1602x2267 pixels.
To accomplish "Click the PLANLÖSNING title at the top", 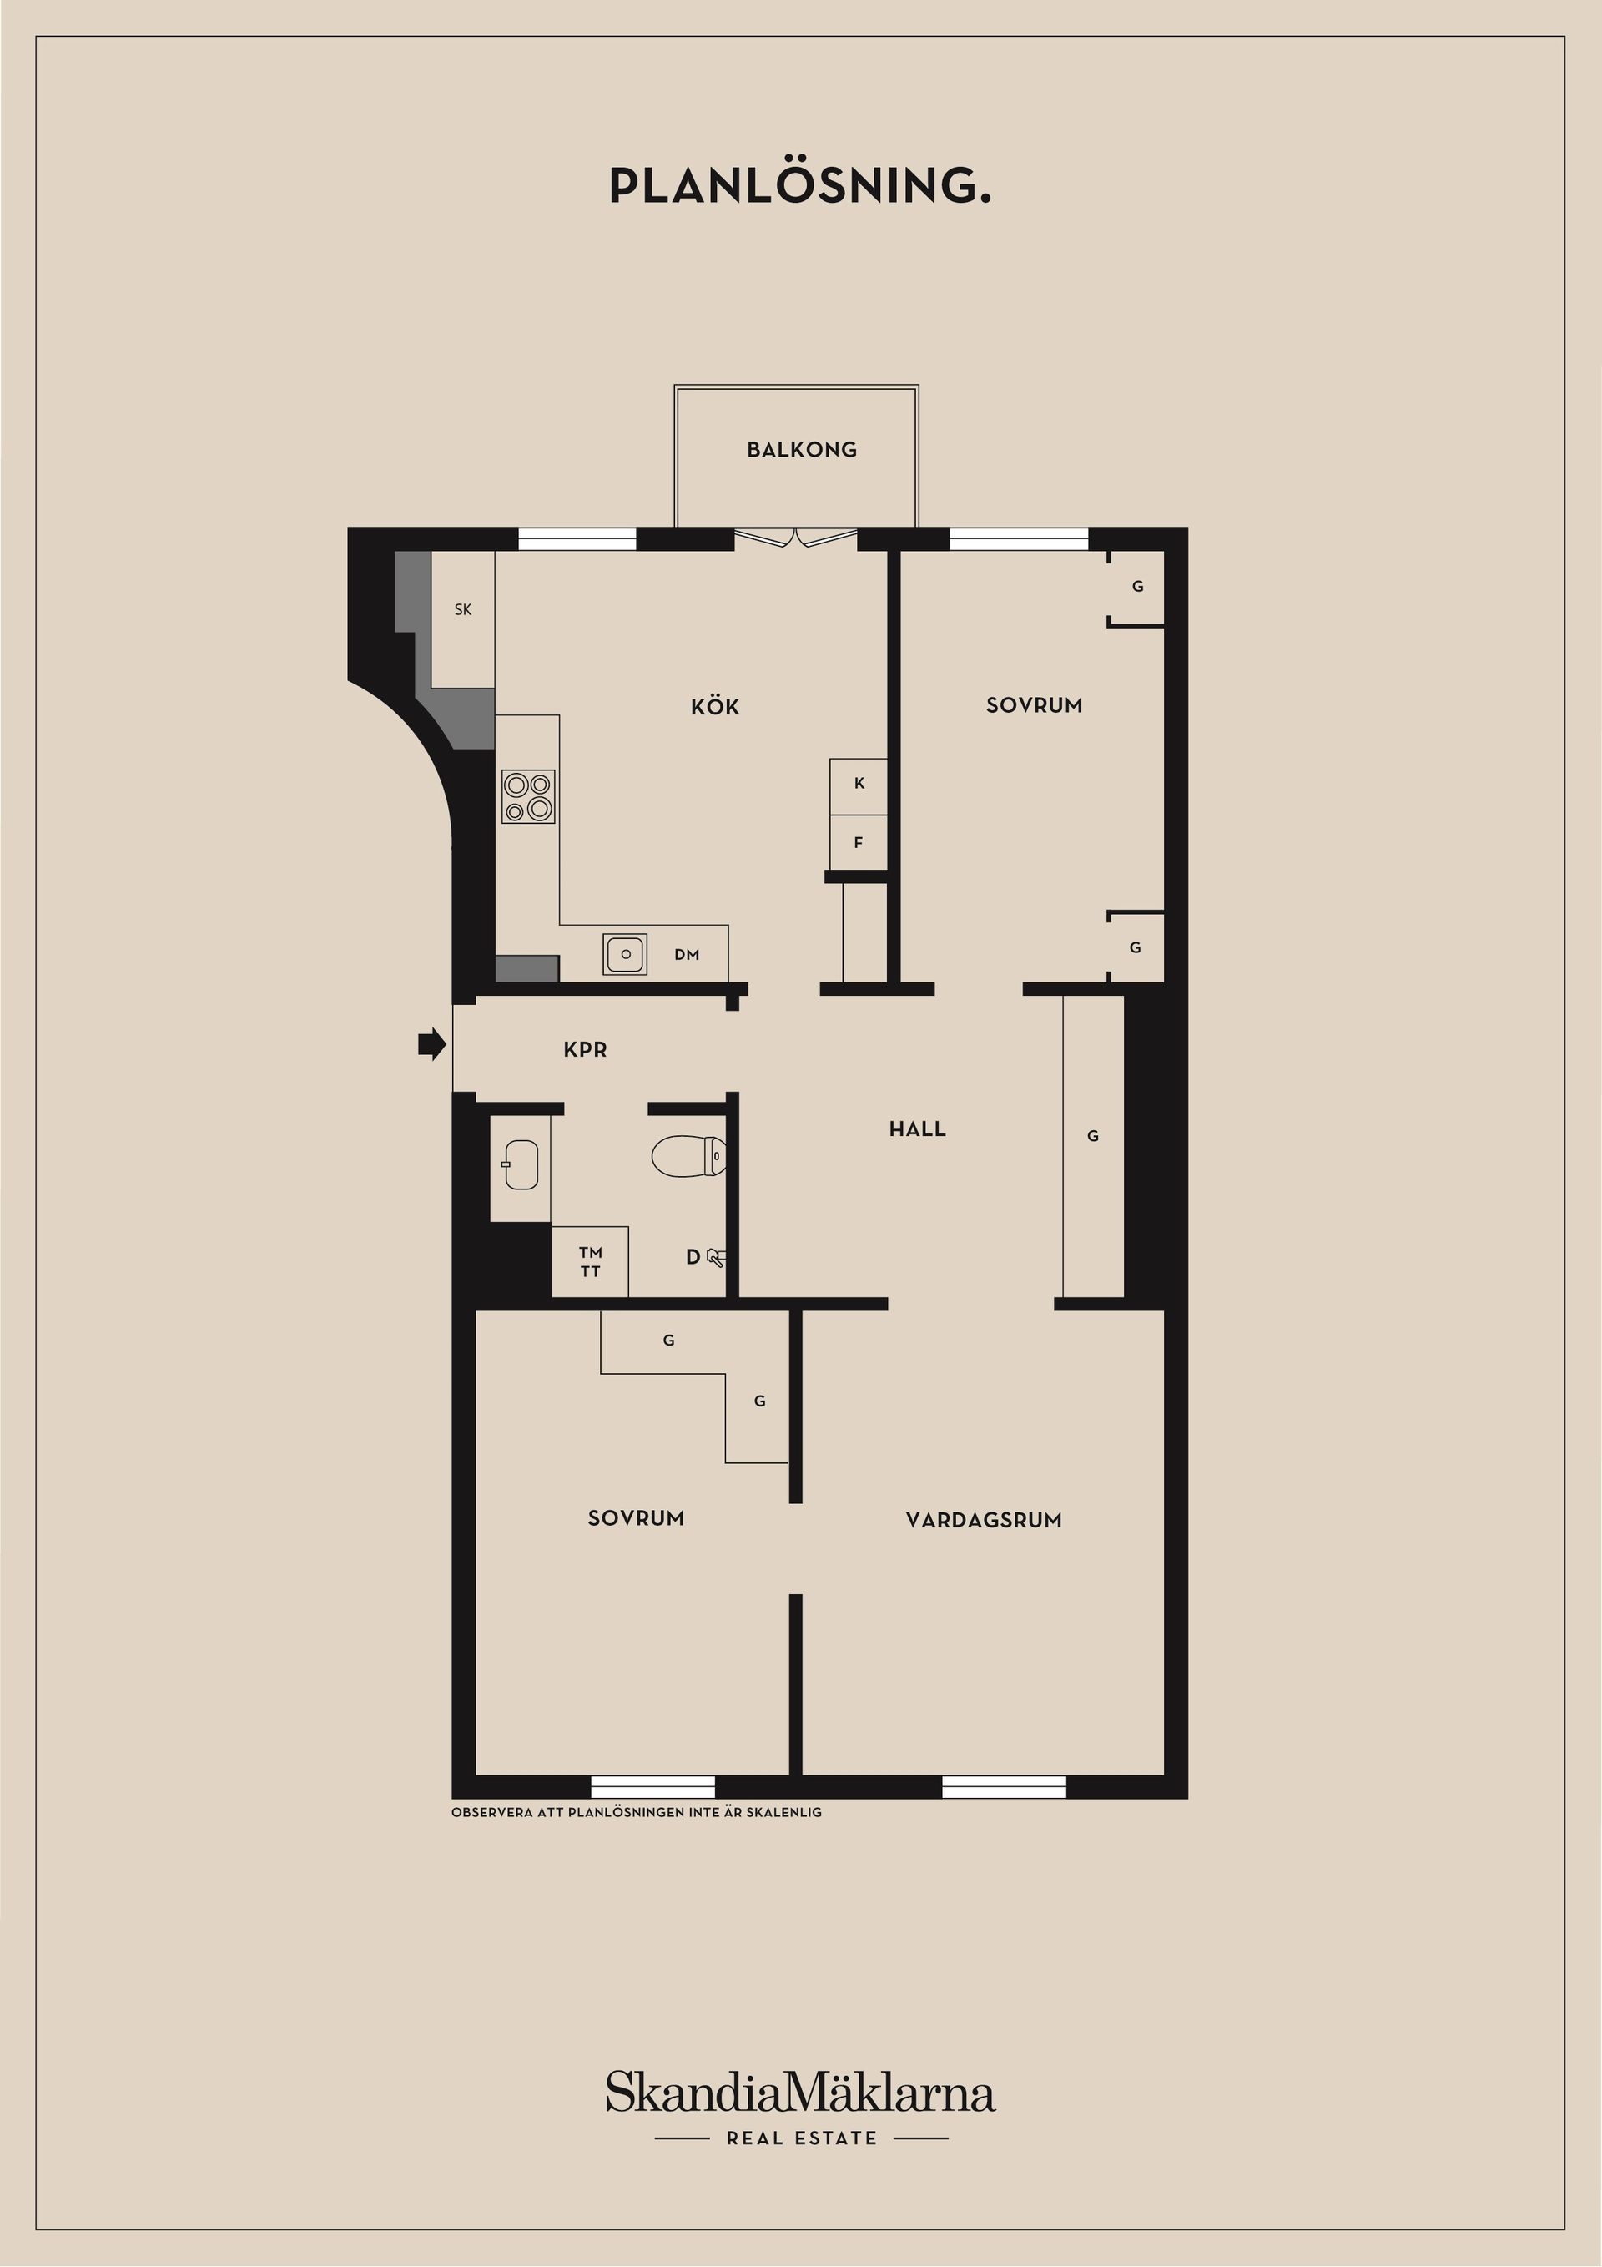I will tap(799, 185).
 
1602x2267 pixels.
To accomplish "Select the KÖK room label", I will tap(714, 707).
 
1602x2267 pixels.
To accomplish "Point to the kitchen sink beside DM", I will tap(625, 955).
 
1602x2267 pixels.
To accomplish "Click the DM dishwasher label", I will tap(687, 955).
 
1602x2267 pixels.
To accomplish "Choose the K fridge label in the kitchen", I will tap(859, 783).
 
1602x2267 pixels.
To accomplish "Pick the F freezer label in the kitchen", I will tap(858, 843).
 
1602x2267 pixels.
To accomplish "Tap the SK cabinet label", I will tap(463, 610).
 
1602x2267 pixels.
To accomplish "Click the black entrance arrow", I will tap(431, 1043).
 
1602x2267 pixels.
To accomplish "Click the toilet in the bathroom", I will tap(688, 1156).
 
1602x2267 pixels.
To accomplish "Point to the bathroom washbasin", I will tap(520, 1165).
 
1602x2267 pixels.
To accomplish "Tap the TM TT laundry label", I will tap(590, 1262).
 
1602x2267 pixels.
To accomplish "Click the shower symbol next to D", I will tap(717, 1257).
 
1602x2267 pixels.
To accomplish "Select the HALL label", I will tap(917, 1129).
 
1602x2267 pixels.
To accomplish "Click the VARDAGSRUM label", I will tap(983, 1521).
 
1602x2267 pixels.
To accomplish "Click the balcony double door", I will tap(795, 539).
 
